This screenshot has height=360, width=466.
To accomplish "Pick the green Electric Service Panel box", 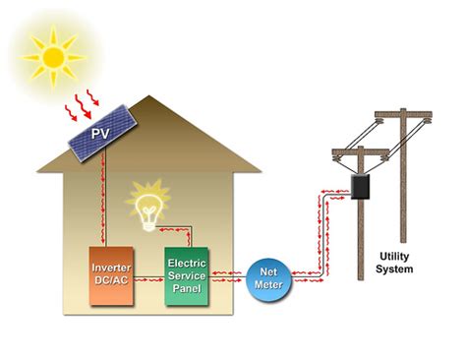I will [x=186, y=272].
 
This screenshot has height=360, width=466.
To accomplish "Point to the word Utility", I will [x=396, y=256].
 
